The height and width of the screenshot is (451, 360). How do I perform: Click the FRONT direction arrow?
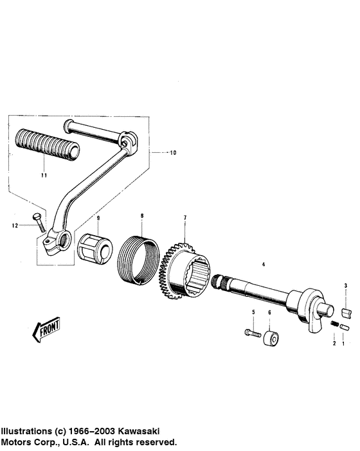pyautogui.click(x=46, y=329)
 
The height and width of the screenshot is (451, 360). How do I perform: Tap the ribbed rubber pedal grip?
pyautogui.click(x=48, y=145)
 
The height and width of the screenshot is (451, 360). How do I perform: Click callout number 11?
pyautogui.click(x=44, y=175)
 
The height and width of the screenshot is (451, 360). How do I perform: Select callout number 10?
pyautogui.click(x=173, y=153)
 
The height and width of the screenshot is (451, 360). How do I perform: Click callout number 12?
pyautogui.click(x=15, y=225)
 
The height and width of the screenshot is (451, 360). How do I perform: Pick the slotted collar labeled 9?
pyautogui.click(x=95, y=248)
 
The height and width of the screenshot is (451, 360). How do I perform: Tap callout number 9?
pyautogui.click(x=98, y=218)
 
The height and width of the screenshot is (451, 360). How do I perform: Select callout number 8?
pyautogui.click(x=142, y=216)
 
